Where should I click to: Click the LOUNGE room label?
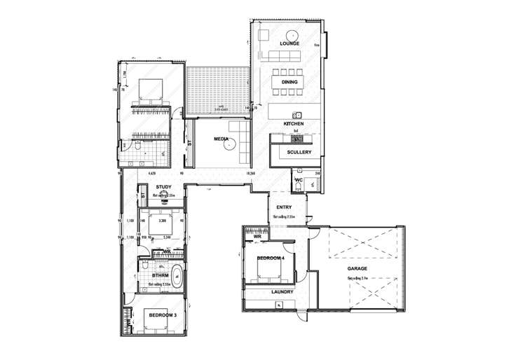289,43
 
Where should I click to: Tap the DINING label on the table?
289,82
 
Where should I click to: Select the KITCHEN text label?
292,124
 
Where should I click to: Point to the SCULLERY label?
299,152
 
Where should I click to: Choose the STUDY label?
163,186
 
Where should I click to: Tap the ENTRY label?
284,207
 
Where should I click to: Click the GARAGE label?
358,268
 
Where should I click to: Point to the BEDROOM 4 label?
271,259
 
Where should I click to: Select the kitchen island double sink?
297,115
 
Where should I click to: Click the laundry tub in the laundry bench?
280,303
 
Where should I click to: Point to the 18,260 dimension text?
250,172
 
